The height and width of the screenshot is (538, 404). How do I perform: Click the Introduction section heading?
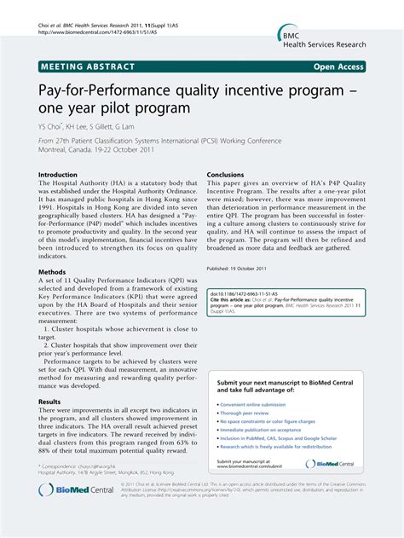pyautogui.click(x=58, y=174)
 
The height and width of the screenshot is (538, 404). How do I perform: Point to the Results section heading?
pyautogui.click(x=49, y=401)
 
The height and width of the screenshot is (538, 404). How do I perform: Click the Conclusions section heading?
pyautogui.click(x=226, y=174)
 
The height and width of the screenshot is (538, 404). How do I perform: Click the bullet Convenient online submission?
pyautogui.click(x=255, y=403)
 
